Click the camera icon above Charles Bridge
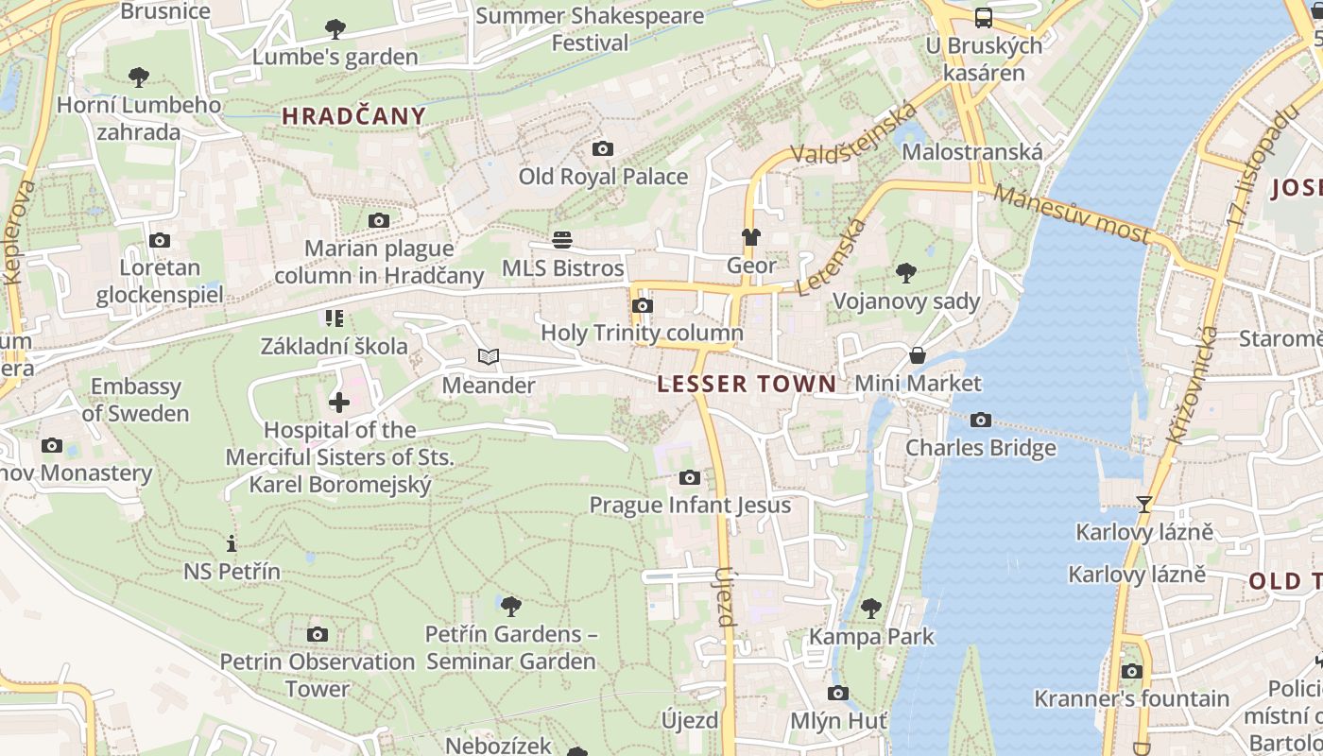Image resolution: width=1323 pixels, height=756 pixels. (981, 420)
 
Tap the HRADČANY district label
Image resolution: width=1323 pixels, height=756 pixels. (354, 116)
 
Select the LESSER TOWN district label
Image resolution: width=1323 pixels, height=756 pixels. (747, 384)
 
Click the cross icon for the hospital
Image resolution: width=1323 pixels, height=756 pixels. (338, 404)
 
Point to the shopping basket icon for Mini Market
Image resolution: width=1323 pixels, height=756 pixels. (917, 355)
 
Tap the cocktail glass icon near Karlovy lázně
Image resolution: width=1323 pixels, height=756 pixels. (1144, 504)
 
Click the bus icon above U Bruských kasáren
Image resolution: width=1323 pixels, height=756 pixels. (983, 17)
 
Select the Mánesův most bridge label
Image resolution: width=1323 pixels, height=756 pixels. (1073, 214)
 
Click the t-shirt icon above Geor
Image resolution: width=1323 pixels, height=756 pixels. (751, 237)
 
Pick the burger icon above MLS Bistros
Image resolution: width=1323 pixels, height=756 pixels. (562, 240)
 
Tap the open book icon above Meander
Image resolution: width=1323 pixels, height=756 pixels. (488, 357)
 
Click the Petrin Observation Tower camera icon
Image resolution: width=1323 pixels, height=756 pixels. (318, 634)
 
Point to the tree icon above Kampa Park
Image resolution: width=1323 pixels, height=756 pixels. (871, 608)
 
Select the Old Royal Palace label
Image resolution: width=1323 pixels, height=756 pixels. (603, 177)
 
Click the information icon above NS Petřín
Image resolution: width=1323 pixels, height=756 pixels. (232, 543)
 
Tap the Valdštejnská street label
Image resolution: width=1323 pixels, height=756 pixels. (854, 133)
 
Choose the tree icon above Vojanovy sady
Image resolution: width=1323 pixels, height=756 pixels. (906, 274)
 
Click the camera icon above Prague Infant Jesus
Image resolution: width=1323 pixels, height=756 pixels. (690, 477)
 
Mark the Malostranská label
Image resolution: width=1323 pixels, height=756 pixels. (972, 152)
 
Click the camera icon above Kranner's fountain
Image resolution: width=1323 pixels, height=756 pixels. (1131, 672)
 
